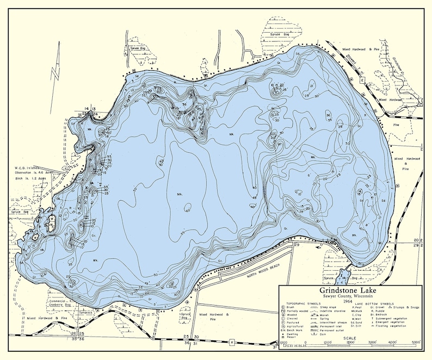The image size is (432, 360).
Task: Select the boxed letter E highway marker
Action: (x=361, y=80)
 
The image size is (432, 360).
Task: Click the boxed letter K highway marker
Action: (x=231, y=343)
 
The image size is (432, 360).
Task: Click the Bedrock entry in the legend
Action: (x=381, y=321)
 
